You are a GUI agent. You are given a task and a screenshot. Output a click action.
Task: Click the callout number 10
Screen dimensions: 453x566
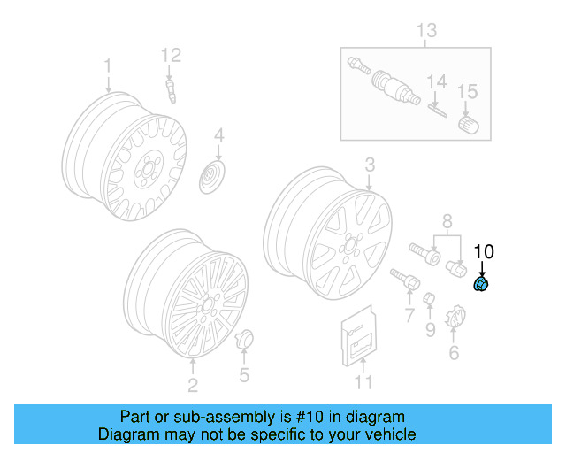[x=483, y=251]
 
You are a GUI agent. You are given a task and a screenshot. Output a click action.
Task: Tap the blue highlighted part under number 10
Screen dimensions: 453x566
[x=482, y=284]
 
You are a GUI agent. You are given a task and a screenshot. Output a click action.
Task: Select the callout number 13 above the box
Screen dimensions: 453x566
[x=426, y=32]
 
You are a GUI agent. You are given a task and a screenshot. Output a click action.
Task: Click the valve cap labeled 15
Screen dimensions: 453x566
[x=466, y=125]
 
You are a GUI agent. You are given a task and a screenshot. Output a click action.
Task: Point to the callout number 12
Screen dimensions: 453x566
[x=171, y=55]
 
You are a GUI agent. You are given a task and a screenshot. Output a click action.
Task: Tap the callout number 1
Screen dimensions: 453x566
[x=108, y=66]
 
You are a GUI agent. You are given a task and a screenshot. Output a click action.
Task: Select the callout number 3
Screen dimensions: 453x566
[x=370, y=164]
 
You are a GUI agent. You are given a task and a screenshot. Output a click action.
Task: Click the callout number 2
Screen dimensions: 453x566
[x=193, y=383]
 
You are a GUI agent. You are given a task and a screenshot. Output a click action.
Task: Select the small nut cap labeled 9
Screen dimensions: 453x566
[x=429, y=300]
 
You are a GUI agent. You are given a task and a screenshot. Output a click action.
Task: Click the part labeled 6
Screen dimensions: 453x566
[x=455, y=318]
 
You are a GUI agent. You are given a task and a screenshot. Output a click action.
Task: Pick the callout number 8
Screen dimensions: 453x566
[x=447, y=220]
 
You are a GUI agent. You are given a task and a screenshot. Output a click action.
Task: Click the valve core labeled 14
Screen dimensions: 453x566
[x=436, y=110]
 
